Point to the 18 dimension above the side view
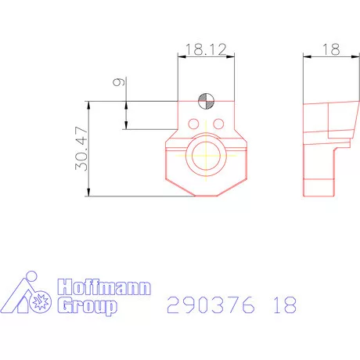(x=329, y=49)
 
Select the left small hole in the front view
(x=193, y=122)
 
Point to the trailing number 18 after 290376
(x=284, y=304)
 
